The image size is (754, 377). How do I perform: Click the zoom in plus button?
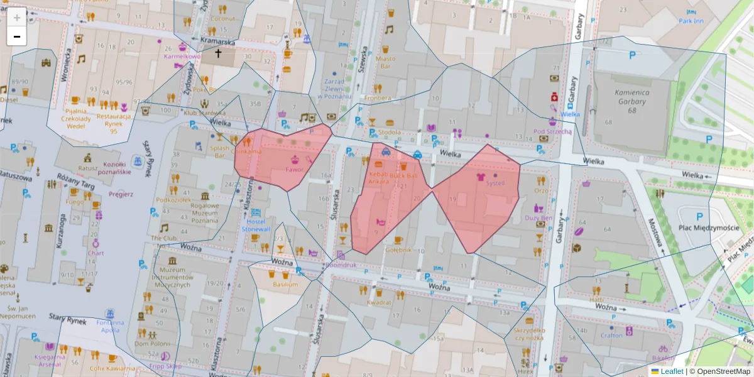[x=17, y=18]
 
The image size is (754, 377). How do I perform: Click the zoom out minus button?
[x=17, y=36]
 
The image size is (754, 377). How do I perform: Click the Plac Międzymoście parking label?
[x=708, y=227]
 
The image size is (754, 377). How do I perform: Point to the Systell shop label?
[x=495, y=183]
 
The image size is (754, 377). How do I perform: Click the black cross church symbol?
[x=219, y=54]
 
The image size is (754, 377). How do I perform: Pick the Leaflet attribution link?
[x=672, y=371]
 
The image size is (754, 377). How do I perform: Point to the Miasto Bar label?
[x=386, y=62]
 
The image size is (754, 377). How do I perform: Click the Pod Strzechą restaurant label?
[x=552, y=131]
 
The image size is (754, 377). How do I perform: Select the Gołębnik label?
[x=398, y=249]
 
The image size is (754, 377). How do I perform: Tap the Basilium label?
[x=285, y=284]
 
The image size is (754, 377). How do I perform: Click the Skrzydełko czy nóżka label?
[x=528, y=334]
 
